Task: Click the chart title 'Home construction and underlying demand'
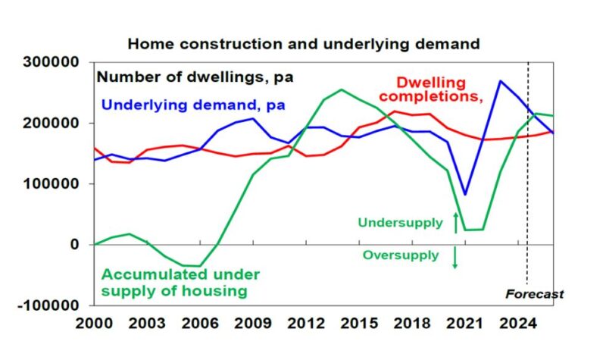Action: point(303,44)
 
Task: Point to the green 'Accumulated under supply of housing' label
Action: point(180,282)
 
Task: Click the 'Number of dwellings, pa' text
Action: point(195,77)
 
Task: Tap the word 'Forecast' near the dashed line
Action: point(534,294)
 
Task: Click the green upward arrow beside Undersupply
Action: point(455,222)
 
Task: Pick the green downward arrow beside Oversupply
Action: point(455,258)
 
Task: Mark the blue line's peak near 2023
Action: point(500,80)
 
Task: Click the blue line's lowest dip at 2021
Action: point(464,195)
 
